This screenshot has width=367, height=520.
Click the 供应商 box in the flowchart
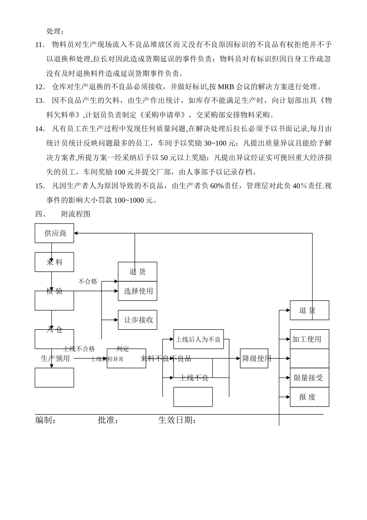[54, 233]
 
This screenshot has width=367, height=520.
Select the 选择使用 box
[138, 291]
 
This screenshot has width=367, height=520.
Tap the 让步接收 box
[138, 320]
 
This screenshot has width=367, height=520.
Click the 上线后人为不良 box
[198, 339]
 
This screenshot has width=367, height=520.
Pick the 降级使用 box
[254, 358]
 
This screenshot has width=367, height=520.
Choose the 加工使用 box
[309, 339]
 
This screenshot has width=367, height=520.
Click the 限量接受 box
[309, 378]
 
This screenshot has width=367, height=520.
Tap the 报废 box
[309, 397]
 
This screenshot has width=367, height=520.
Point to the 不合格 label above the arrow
[88, 282]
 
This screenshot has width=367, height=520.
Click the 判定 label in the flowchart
[123, 349]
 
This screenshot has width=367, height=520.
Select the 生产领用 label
[55, 359]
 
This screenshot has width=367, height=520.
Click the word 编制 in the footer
[43, 420]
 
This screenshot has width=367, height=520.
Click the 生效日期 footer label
[175, 420]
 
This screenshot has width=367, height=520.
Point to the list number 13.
[40, 101]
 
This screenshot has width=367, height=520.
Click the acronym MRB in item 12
[226, 87]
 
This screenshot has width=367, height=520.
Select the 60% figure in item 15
[217, 186]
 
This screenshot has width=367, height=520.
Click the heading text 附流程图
[76, 214]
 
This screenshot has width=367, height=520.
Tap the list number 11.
[40, 45]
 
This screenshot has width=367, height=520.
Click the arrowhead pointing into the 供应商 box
[76, 233]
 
